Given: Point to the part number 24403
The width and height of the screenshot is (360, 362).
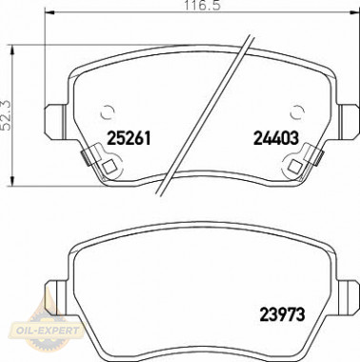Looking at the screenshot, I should (277, 137).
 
